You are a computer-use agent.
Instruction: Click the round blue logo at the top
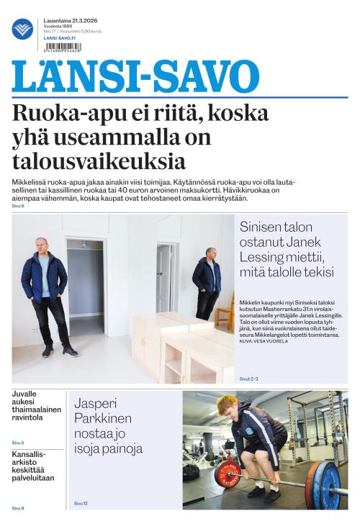pyautogui.click(x=22, y=29)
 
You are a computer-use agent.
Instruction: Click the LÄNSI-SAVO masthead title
pyautogui.click(x=135, y=77)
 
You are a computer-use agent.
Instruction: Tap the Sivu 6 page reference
pyautogui.click(x=18, y=206)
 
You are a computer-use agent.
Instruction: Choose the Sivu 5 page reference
pyautogui.click(x=18, y=443)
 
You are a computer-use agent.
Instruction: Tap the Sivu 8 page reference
pyautogui.click(x=18, y=508)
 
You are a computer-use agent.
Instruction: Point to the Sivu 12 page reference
pyautogui.click(x=81, y=503)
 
